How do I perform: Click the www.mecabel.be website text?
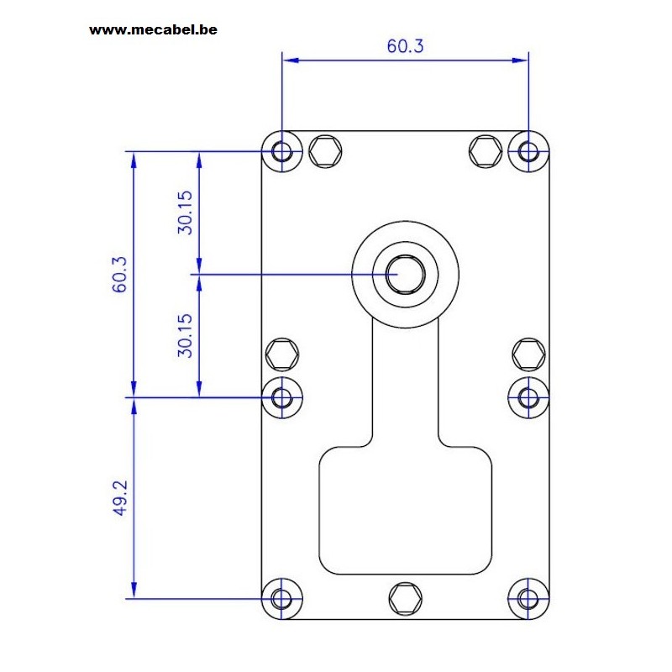pyautogui.click(x=153, y=29)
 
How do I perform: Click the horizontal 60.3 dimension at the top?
pyautogui.click(x=405, y=46)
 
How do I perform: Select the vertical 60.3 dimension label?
pyautogui.click(x=119, y=275)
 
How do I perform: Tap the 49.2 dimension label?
pyautogui.click(x=120, y=498)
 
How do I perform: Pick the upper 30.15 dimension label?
pyautogui.click(x=185, y=213)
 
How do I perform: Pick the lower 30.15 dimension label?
pyautogui.click(x=185, y=335)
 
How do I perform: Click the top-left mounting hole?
pyautogui.click(x=282, y=151)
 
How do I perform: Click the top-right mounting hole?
pyautogui.click(x=528, y=151)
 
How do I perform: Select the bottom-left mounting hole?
pyautogui.click(x=281, y=598)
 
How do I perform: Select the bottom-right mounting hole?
pyautogui.click(x=528, y=598)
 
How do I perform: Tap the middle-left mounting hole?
pyautogui.click(x=282, y=397)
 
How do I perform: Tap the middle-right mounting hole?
pyautogui.click(x=528, y=397)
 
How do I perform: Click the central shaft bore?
pyautogui.click(x=405, y=275)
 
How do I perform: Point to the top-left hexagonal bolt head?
pyautogui.click(x=325, y=151)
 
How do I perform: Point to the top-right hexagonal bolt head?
pyautogui.click(x=486, y=151)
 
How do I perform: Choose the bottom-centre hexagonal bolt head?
pyautogui.click(x=406, y=598)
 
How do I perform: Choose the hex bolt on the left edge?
pyautogui.click(x=282, y=354)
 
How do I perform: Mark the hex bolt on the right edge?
pyautogui.click(x=529, y=354)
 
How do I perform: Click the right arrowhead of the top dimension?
pyautogui.click(x=520, y=60)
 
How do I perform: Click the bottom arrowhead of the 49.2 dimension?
pyautogui.click(x=134, y=591)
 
